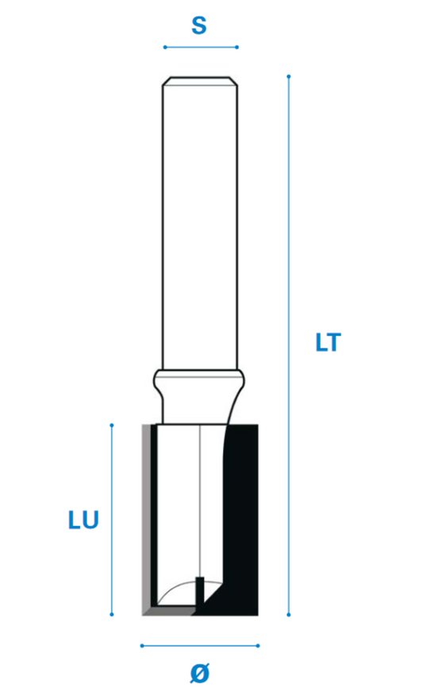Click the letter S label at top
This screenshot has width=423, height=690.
point(199,25)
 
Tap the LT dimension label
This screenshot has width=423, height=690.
point(329,342)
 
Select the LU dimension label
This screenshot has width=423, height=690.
point(83,520)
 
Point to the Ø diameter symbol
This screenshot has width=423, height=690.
point(200,673)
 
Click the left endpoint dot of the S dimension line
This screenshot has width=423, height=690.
point(165,47)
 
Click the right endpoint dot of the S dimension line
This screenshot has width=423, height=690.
point(237,47)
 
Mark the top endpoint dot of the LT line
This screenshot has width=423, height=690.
point(289,77)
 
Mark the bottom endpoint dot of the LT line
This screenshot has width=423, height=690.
point(289,614)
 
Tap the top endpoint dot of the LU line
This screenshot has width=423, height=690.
point(112,425)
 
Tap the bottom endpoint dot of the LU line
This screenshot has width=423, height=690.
point(112,614)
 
